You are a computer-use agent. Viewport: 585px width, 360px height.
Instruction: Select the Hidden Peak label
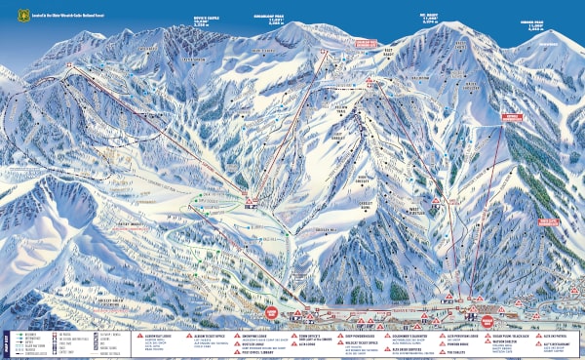pos(531,23)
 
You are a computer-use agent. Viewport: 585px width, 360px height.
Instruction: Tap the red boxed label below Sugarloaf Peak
pos(363,44)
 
